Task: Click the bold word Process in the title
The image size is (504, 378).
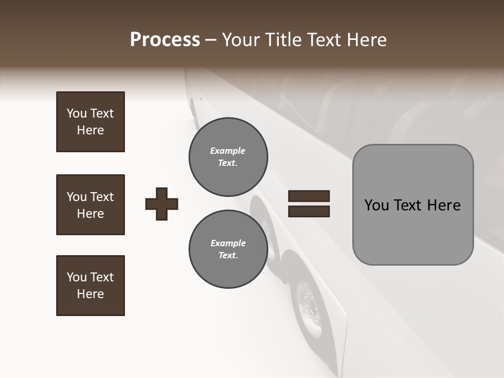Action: (165, 40)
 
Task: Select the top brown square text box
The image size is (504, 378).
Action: (90, 122)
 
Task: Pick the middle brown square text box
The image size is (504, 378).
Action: (90, 205)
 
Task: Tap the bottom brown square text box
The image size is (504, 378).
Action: (90, 286)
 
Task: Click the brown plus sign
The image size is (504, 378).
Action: (162, 204)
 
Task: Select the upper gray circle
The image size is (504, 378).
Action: (228, 157)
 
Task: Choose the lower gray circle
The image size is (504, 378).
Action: (228, 249)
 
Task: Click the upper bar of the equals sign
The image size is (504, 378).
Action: (309, 196)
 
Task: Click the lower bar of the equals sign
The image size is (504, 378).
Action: (309, 212)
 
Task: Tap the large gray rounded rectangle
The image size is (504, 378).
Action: (413, 205)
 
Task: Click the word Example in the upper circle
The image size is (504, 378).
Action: (228, 151)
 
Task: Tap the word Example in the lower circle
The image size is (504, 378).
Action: (228, 243)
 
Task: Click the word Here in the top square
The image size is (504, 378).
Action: (90, 130)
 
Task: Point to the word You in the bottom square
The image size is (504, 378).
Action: (77, 277)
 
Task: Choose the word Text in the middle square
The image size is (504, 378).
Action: (102, 197)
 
